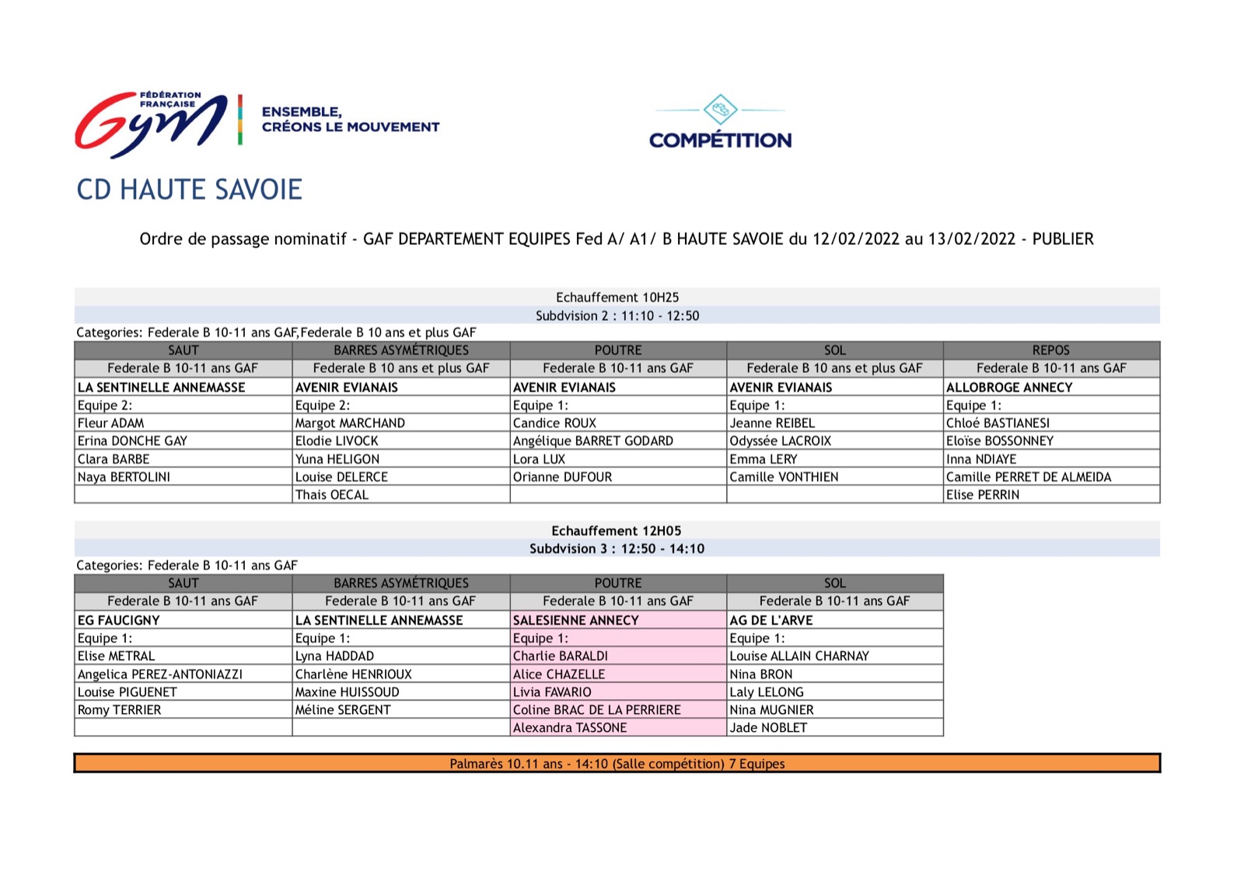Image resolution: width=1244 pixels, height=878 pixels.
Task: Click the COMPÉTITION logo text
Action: tap(720, 141)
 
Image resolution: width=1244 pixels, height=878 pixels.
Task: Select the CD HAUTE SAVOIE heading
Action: tap(189, 190)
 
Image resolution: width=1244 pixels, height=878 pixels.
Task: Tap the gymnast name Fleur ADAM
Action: tap(111, 423)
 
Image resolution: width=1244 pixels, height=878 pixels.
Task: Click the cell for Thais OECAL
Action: tap(332, 495)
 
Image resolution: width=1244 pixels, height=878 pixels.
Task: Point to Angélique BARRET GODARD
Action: tap(593, 441)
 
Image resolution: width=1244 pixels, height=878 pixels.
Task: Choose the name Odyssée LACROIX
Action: tap(781, 441)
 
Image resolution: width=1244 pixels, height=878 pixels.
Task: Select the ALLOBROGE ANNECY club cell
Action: tap(1009, 388)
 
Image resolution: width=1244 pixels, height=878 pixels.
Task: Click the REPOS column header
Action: tap(1051, 350)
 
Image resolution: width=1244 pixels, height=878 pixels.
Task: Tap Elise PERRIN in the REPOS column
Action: tap(983, 495)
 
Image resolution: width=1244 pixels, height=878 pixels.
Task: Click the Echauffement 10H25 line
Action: tap(617, 298)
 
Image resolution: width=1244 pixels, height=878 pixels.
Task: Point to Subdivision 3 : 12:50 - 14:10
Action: tap(617, 549)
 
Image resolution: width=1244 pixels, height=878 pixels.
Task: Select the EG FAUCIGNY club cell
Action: tap(119, 621)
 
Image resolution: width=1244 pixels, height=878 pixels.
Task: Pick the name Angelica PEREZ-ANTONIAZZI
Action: tap(160, 674)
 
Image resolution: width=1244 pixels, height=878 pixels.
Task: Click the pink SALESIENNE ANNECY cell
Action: tap(576, 621)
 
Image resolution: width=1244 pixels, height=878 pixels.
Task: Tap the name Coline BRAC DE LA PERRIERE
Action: tap(597, 710)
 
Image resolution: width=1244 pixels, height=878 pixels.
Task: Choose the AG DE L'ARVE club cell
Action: tap(771, 621)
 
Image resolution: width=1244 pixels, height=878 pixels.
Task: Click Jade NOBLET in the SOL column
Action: tap(768, 728)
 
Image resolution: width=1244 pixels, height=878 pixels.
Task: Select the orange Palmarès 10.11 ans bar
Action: tap(617, 764)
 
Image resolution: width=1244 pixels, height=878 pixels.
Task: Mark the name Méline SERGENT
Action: tap(343, 710)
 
